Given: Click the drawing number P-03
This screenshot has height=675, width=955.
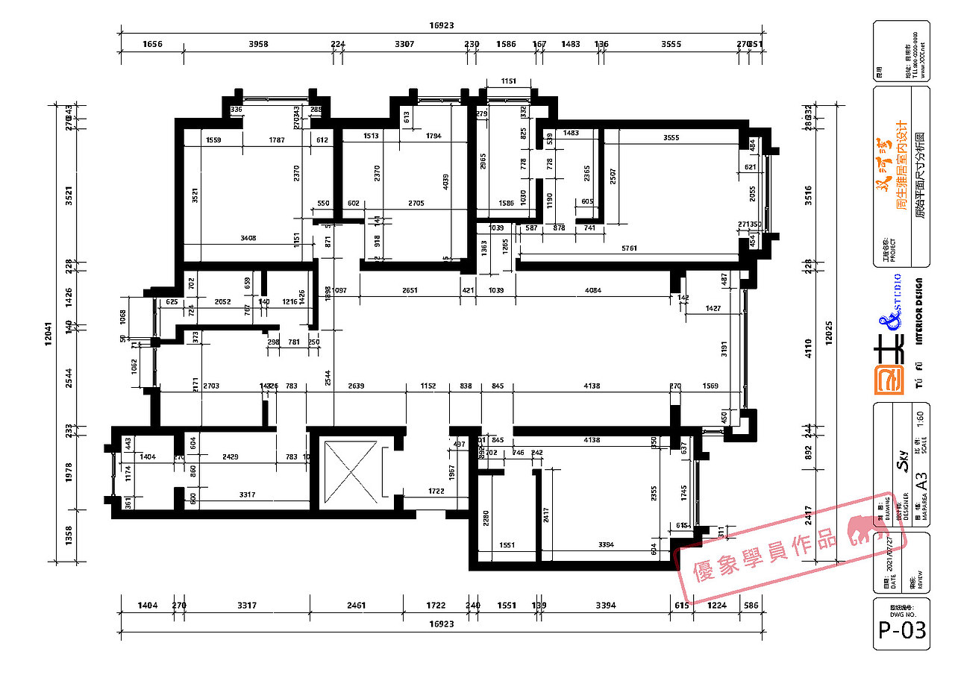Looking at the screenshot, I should (901, 630).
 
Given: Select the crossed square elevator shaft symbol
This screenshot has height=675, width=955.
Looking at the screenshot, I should (351, 471).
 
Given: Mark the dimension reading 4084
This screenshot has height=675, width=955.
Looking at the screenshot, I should (592, 290).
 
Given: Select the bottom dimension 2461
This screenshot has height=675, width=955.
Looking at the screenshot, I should (356, 606).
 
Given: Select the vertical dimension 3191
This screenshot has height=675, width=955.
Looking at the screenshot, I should (723, 351).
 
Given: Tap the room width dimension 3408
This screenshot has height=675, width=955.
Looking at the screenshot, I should (248, 239).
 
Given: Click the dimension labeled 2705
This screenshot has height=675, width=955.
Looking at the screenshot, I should (416, 204).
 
